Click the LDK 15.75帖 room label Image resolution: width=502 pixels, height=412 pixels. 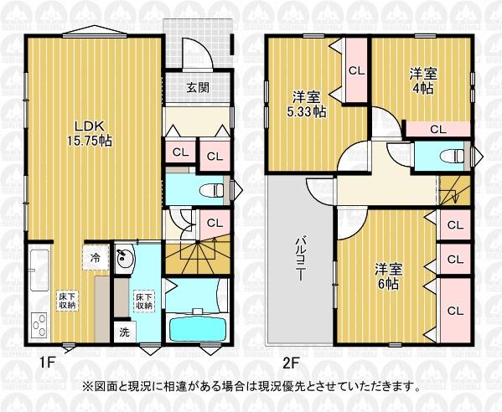[x=90, y=133]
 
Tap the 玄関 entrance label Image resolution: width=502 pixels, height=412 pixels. [x=198, y=87]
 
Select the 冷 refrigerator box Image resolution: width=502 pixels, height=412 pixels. [x=95, y=258]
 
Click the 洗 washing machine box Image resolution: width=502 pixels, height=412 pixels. [x=125, y=332]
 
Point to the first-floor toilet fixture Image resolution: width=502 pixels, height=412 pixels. [x=211, y=191]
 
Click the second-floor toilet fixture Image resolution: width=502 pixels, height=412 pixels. [x=452, y=156]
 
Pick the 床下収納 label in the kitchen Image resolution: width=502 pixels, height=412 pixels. [x=67, y=301]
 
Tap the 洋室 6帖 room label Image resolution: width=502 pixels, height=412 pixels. [x=389, y=276]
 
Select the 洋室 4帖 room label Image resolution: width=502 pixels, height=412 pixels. [x=423, y=81]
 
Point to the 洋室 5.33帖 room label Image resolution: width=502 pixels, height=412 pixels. [x=307, y=104]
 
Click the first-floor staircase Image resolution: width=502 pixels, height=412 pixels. [x=198, y=255]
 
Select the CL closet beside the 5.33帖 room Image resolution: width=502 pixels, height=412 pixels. [x=357, y=70]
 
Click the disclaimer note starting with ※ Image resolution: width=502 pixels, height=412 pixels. [x=251, y=387]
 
